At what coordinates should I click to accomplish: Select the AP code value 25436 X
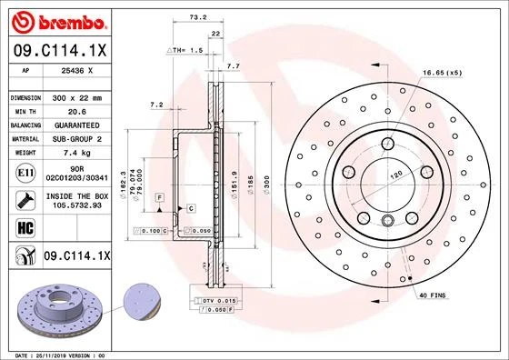pyautogui.click(x=76, y=70)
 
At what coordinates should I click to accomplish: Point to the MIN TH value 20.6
pyautogui.click(x=76, y=110)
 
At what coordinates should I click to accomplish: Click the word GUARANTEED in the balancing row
pyautogui.click(x=76, y=124)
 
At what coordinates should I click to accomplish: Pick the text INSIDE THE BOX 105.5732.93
pyautogui.click(x=76, y=200)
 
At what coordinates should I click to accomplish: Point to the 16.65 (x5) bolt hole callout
pyautogui.click(x=443, y=72)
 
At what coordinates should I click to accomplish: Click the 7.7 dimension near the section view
pyautogui.click(x=233, y=66)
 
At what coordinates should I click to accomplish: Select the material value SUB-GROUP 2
pyautogui.click(x=76, y=138)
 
